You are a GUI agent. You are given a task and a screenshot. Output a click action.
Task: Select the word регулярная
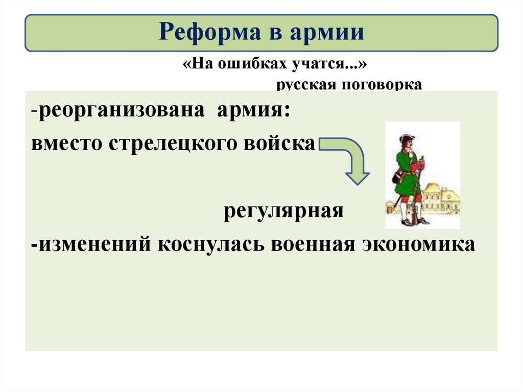(283, 211)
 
